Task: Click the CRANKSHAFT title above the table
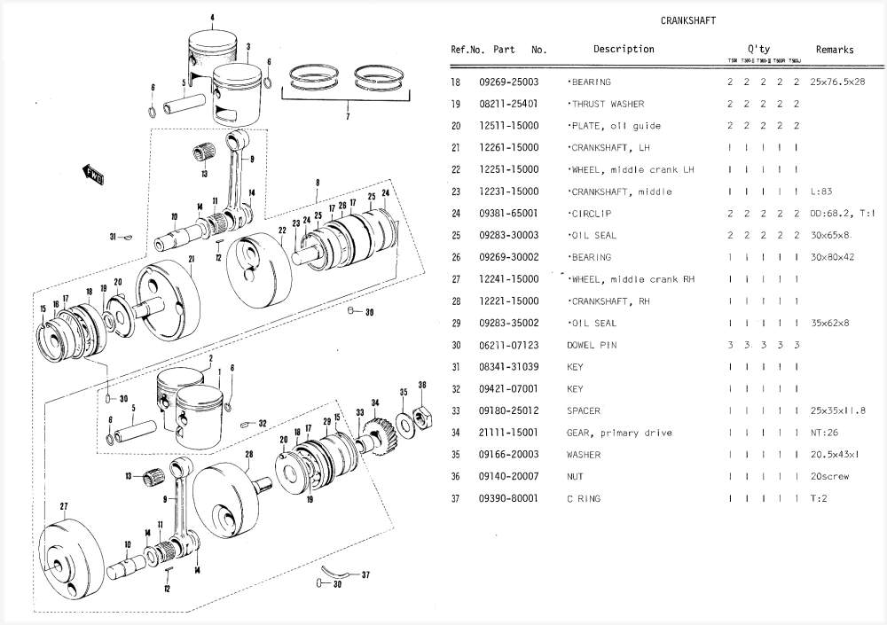point(688,20)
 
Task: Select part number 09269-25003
point(508,82)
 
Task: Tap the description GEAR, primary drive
point(619,434)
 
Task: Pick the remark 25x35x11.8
point(837,411)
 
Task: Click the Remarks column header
point(835,50)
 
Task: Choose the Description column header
point(624,50)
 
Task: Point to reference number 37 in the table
point(456,499)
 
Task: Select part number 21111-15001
point(508,434)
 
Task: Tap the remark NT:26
point(825,434)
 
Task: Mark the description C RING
point(584,499)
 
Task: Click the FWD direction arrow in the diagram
point(92,173)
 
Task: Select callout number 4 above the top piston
point(213,18)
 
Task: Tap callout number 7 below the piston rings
point(347,116)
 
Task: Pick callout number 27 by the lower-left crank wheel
point(64,506)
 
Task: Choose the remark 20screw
point(829,477)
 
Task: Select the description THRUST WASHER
point(607,105)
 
